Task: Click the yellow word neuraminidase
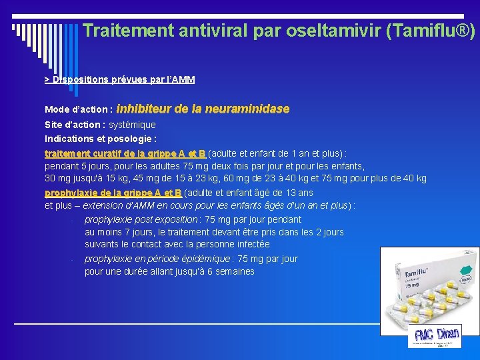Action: tap(247, 108)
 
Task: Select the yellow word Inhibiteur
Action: tap(143, 108)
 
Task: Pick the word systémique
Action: tap(132, 125)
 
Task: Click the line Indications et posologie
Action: tap(101, 139)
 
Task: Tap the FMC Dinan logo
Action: tap(435, 335)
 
